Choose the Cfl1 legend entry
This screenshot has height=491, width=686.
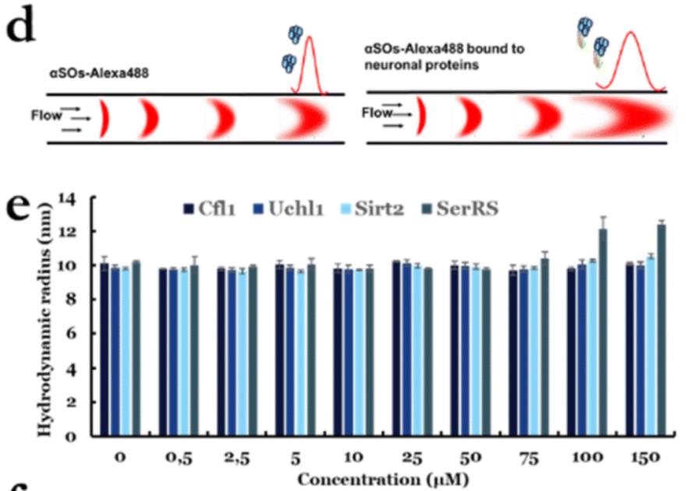pos(209,209)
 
